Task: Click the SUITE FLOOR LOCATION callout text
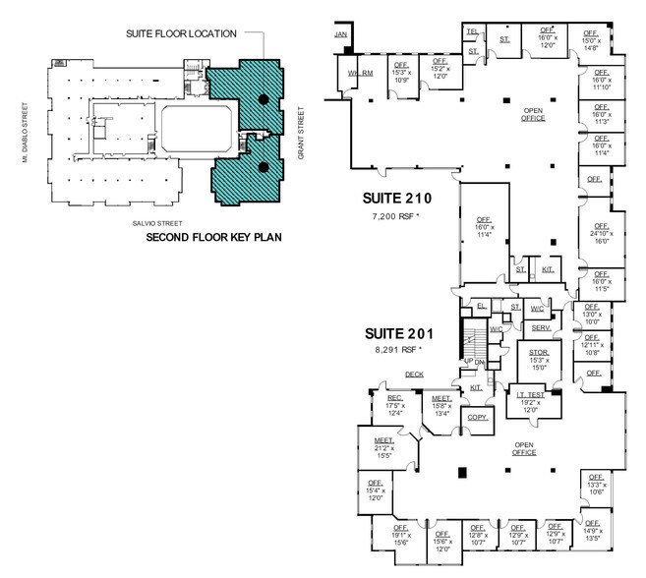181,33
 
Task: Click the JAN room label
341,34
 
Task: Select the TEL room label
473,31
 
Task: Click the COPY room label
478,418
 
